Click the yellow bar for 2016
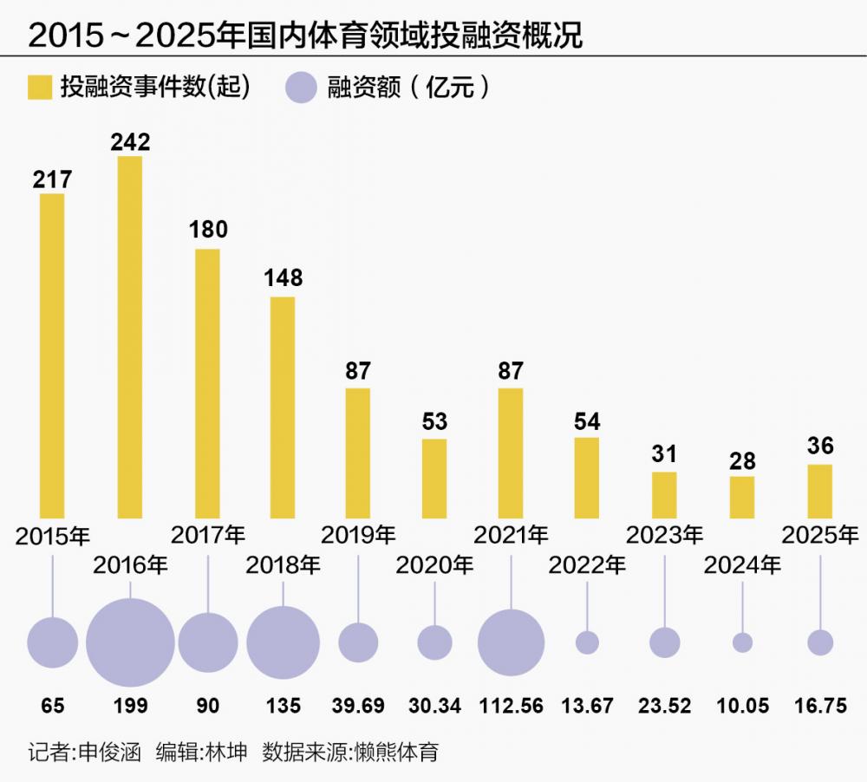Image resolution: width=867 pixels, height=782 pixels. pyautogui.click(x=130, y=337)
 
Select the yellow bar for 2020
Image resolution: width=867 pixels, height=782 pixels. pyautogui.click(x=434, y=479)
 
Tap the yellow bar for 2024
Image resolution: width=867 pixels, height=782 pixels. pyautogui.click(x=742, y=497)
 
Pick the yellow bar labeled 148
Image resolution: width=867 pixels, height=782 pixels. pyautogui.click(x=283, y=407)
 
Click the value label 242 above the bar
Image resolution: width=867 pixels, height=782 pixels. pyautogui.click(x=130, y=141)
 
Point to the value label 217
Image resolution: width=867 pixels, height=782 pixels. pyautogui.click(x=53, y=179)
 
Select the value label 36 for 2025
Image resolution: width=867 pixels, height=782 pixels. pyautogui.click(x=820, y=446)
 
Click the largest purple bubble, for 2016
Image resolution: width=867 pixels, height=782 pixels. pyautogui.click(x=130, y=642)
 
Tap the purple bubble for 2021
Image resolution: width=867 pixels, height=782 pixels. pyautogui.click(x=511, y=642)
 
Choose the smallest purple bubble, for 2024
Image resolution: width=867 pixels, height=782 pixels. pyautogui.click(x=742, y=642)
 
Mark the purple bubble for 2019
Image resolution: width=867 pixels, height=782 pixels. pyautogui.click(x=358, y=642)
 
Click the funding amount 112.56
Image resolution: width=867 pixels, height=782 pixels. pyautogui.click(x=511, y=707)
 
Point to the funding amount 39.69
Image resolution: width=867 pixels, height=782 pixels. pyautogui.click(x=358, y=707)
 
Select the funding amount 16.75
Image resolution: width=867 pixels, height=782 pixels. pyautogui.click(x=820, y=707)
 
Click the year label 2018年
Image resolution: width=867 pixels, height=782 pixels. pyautogui.click(x=283, y=565)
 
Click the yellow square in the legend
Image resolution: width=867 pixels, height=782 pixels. pyautogui.click(x=39, y=88)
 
